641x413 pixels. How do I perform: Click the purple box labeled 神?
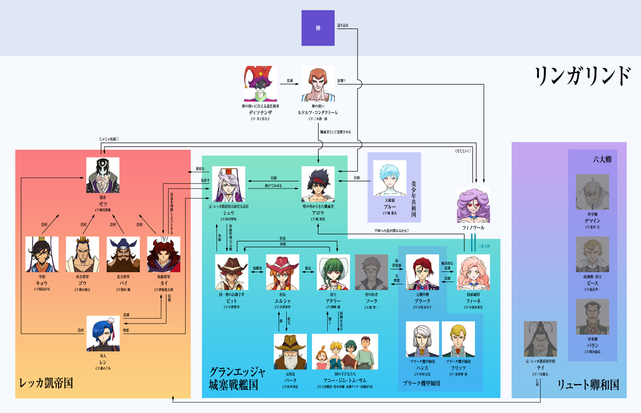click(x=318, y=28)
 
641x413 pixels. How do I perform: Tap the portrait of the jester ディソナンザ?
click(x=260, y=84)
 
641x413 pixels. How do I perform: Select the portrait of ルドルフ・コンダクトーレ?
click(x=318, y=84)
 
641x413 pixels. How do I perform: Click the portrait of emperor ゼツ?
click(x=103, y=175)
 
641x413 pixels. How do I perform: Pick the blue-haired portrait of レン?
click(x=103, y=333)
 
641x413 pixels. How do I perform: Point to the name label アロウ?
click(x=318, y=213)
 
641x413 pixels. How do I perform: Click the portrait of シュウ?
click(x=228, y=184)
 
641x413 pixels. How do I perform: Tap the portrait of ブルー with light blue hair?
click(x=390, y=178)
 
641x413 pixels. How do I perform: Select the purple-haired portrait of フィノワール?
click(x=473, y=205)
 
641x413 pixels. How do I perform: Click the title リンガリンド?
click(x=582, y=76)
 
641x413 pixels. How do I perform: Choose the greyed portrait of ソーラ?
click(x=371, y=272)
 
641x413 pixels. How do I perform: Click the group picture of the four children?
click(x=345, y=352)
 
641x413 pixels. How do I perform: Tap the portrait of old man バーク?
click(x=290, y=352)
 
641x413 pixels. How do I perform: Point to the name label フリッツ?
click(x=458, y=368)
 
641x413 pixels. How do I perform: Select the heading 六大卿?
click(x=602, y=160)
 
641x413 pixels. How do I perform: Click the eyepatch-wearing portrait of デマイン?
click(x=592, y=192)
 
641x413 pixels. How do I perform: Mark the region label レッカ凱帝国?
click(x=46, y=383)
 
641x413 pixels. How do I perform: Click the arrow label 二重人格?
click(x=484, y=246)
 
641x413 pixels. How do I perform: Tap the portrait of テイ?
click(x=540, y=339)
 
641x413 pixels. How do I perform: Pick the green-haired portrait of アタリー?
click(x=333, y=272)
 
